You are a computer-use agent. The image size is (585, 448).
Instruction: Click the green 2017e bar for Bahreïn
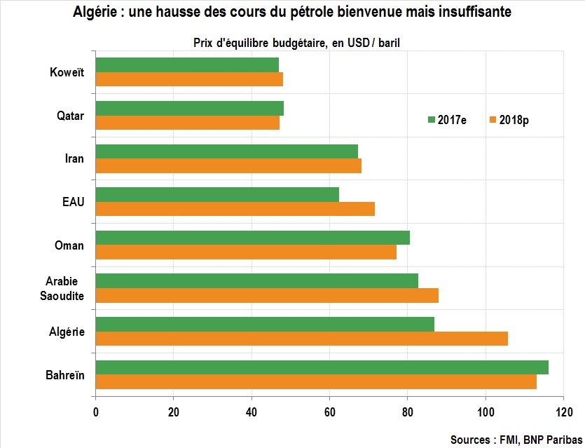tap(322, 367)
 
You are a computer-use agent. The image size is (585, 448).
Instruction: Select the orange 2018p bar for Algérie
tap(301, 339)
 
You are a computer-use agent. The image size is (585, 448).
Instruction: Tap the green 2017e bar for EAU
tap(217, 194)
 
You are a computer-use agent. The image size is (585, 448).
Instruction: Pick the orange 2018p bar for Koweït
tap(189, 79)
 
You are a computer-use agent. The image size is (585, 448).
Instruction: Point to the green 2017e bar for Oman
tap(252, 238)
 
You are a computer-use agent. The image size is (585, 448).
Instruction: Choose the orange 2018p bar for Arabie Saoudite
tap(267, 295)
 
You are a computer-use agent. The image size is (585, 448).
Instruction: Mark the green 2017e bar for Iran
tap(226, 151)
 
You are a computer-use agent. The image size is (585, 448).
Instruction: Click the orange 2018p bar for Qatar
tap(187, 123)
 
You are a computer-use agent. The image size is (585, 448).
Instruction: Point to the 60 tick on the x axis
tap(329, 412)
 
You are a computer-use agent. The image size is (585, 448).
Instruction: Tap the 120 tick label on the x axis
tap(563, 412)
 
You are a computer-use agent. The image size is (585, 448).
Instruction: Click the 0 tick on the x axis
tap(95, 412)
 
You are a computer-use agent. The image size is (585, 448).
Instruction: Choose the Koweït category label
tap(67, 72)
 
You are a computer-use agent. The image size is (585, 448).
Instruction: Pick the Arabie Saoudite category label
tap(65, 288)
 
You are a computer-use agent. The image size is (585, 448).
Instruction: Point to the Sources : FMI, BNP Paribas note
tap(516, 440)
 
